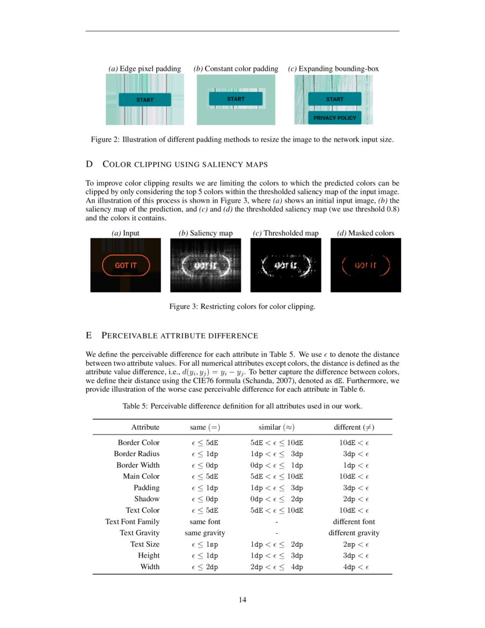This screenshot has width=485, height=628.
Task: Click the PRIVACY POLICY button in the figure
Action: click(x=334, y=118)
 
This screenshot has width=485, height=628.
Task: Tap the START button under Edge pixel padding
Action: click(x=145, y=100)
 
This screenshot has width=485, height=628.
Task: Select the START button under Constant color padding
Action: click(x=236, y=99)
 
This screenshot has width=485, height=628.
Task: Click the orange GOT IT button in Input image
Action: click(x=126, y=265)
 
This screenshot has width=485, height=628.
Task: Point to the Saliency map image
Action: click(x=205, y=265)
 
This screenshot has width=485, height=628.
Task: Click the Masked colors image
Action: click(x=366, y=265)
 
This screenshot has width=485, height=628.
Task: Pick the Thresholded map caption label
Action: click(x=285, y=233)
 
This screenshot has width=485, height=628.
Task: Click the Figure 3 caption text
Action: click(x=242, y=307)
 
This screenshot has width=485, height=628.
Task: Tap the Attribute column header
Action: click(x=145, y=427)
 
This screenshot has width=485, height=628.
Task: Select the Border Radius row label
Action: click(x=137, y=454)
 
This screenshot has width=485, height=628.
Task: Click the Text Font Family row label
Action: click(x=132, y=521)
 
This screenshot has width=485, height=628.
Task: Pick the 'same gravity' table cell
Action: click(x=205, y=533)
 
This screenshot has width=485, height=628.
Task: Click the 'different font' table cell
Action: click(x=354, y=521)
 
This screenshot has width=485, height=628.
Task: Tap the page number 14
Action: click(x=242, y=599)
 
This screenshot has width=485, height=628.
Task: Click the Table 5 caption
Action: click(x=242, y=406)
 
